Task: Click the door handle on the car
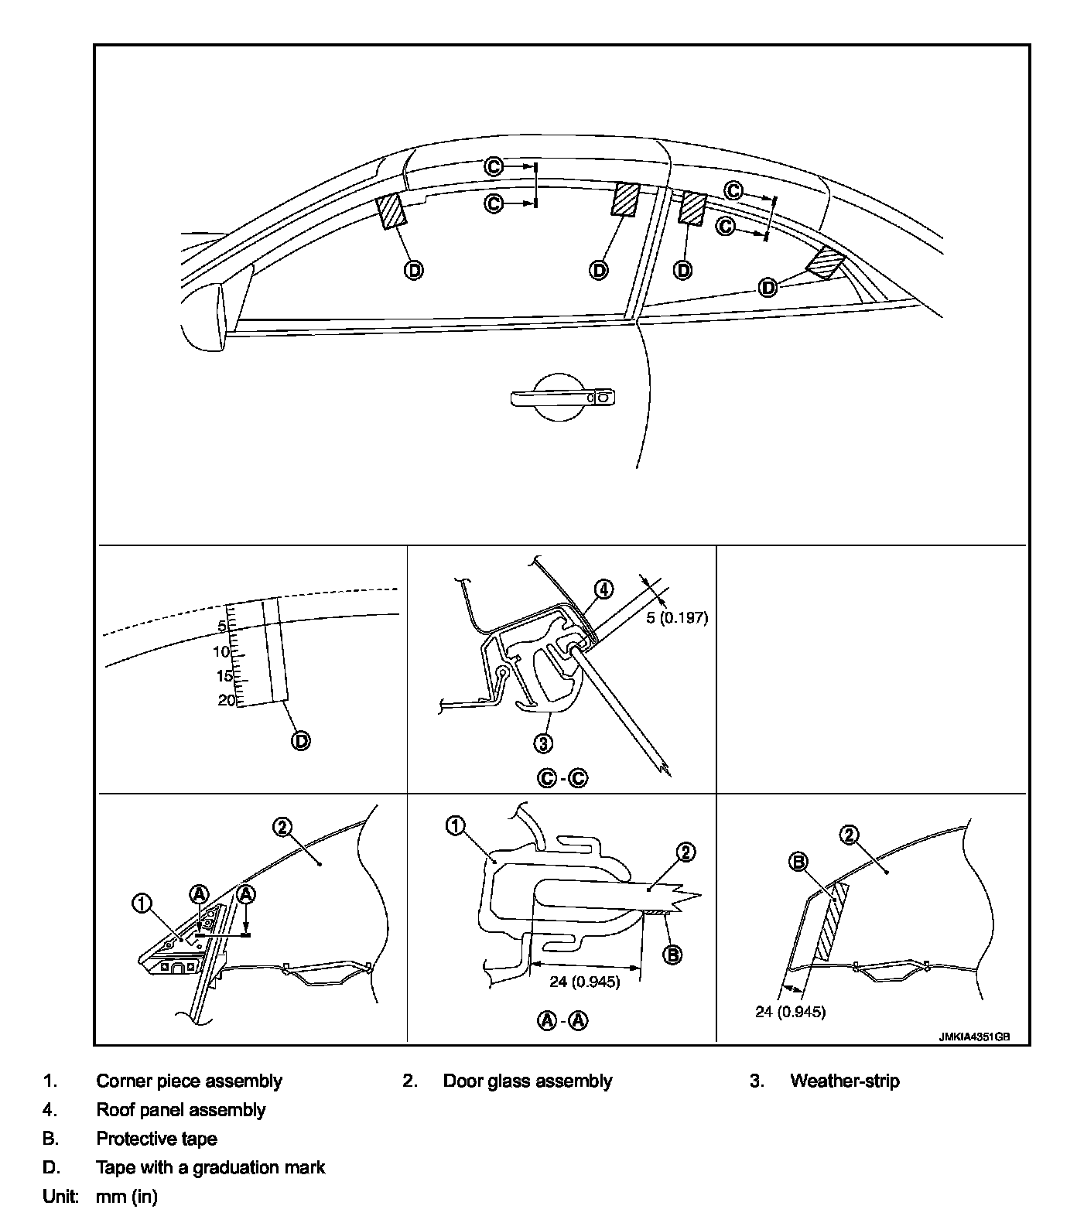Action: coord(563,398)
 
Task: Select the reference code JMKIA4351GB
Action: coord(974,1038)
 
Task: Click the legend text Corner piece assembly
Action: coord(189,1081)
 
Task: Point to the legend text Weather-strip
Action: coord(844,1081)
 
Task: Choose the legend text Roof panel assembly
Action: coord(180,1110)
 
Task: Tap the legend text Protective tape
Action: coord(156,1139)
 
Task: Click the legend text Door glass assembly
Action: coord(527,1081)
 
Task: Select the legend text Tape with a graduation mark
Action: coord(210,1167)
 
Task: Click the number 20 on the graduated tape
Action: coord(227,700)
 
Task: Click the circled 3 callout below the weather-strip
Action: coord(544,743)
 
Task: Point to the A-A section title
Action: coord(562,1020)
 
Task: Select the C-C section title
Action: coord(562,778)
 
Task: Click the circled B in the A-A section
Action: coord(672,955)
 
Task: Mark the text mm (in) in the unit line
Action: coord(126,1197)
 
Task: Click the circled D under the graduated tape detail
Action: coord(300,740)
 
